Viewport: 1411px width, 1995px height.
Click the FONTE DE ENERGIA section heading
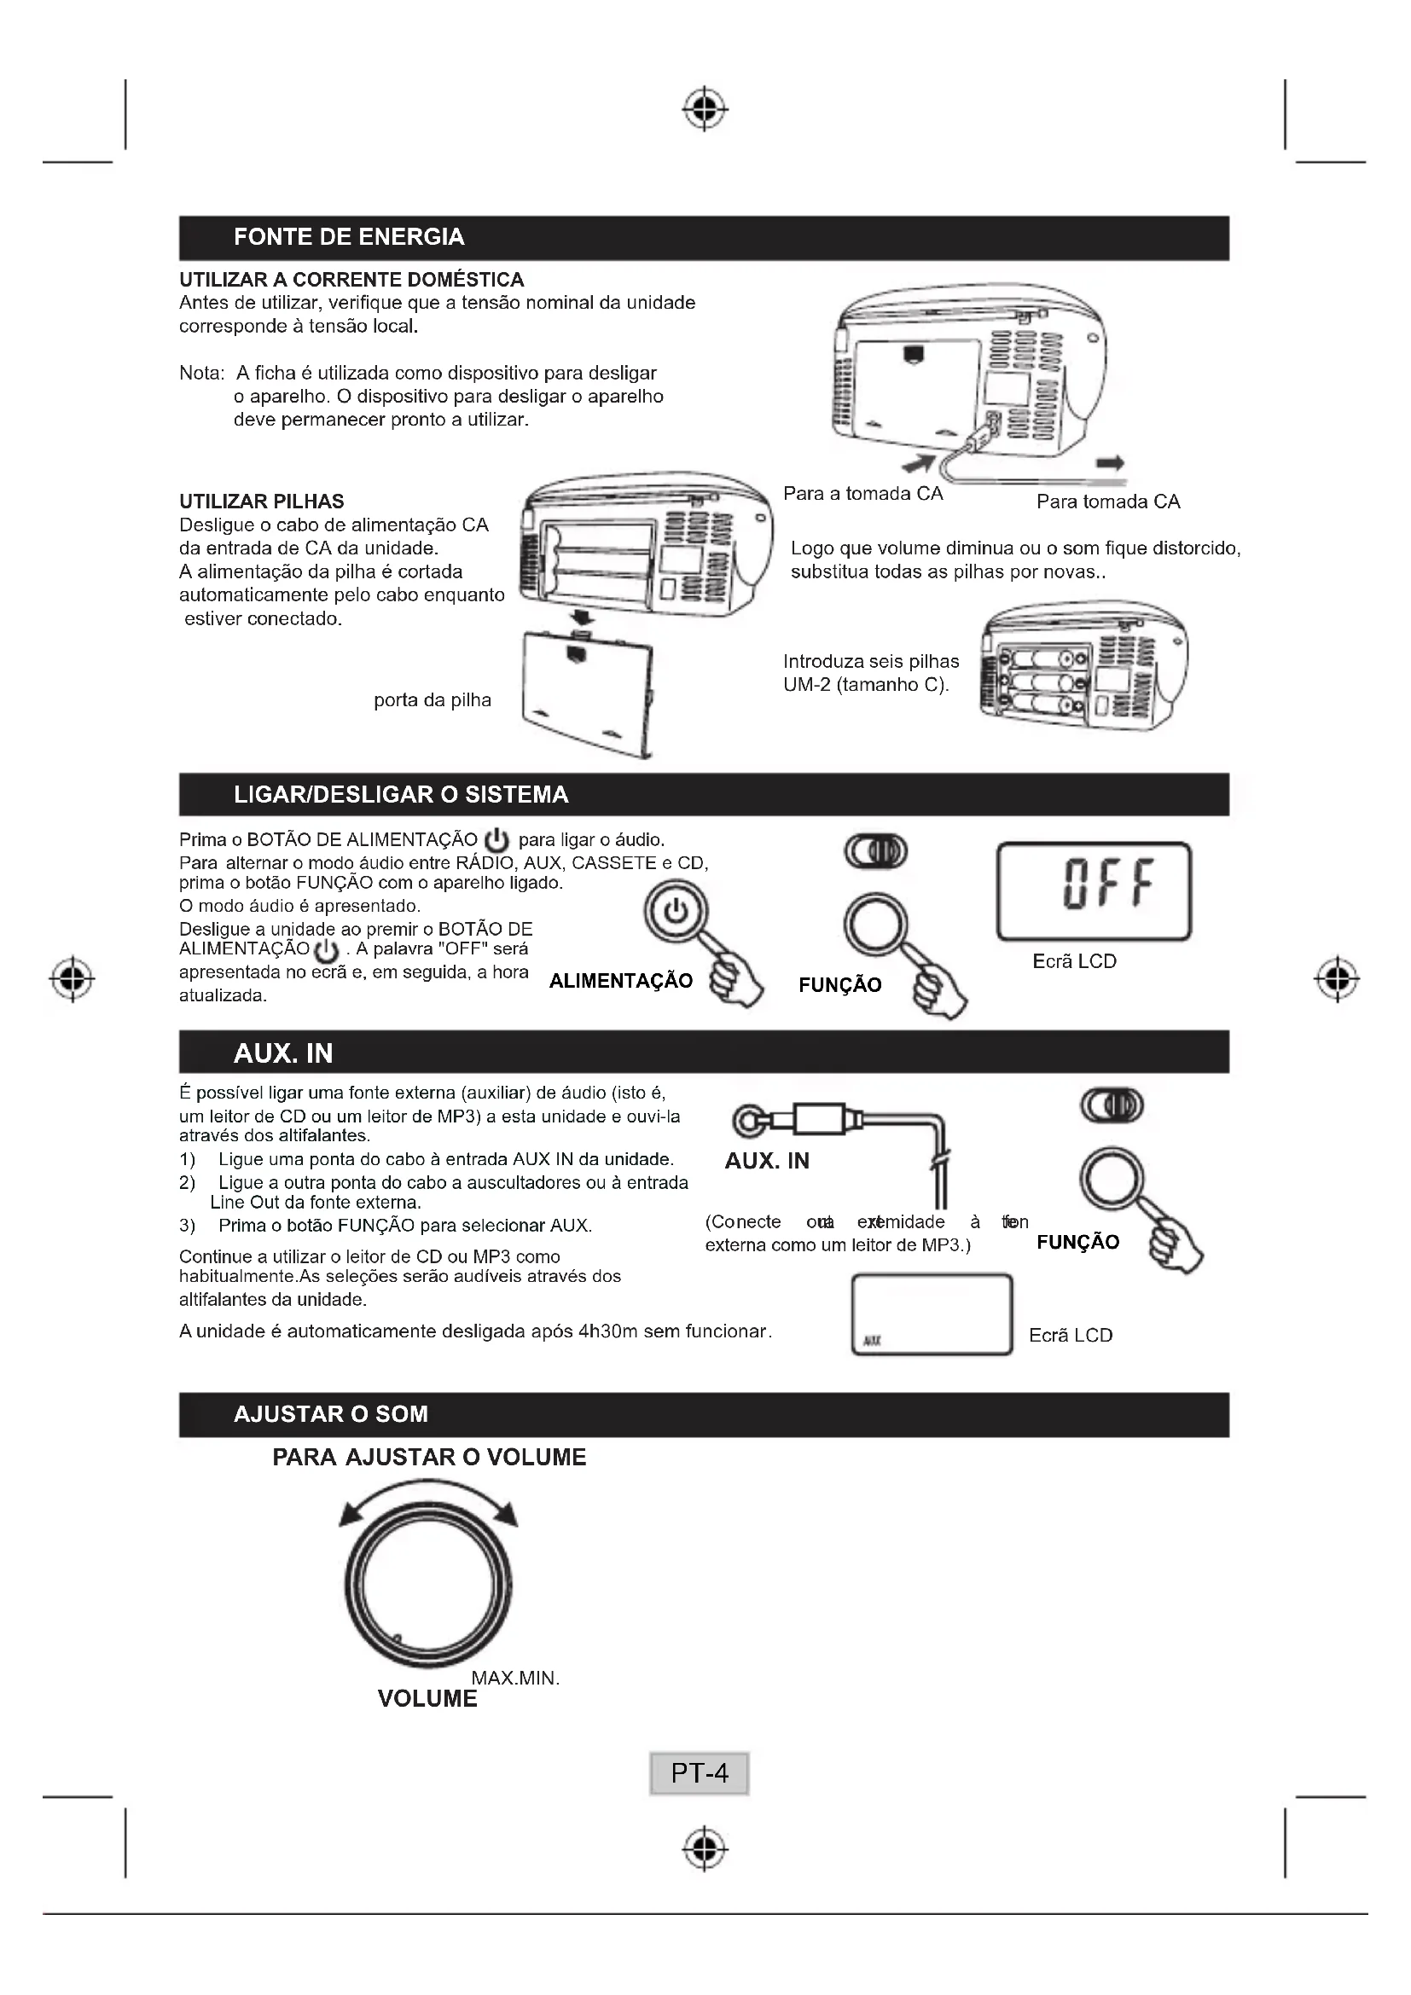348,237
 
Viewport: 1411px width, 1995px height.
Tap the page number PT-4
700,1772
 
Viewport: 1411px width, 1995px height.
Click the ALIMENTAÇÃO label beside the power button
620,981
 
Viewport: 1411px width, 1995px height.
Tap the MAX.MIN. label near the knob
515,1679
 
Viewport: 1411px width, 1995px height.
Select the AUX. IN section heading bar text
283,1053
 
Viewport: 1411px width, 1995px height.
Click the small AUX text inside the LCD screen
873,1341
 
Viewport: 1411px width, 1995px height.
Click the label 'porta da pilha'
432,700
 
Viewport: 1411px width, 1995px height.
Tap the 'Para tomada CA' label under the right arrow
1108,502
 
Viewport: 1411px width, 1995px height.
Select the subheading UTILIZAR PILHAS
262,502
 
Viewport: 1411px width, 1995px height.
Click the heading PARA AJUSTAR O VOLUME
429,1457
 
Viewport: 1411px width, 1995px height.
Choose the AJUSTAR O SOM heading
330,1413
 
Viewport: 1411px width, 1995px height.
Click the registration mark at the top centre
705,109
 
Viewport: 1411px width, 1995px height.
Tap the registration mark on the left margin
73,979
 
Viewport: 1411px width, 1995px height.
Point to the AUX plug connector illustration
799,1119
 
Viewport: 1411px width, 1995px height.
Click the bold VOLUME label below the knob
427,1699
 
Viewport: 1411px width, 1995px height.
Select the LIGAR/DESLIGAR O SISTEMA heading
401,794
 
